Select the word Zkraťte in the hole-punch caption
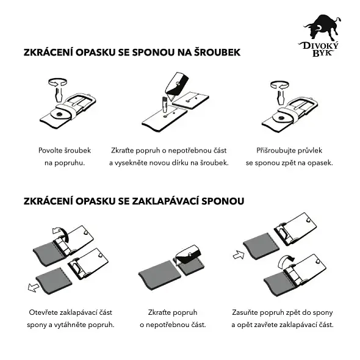coord(123,150)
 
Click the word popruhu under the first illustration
coord(73,163)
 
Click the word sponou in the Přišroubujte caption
coord(265,163)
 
